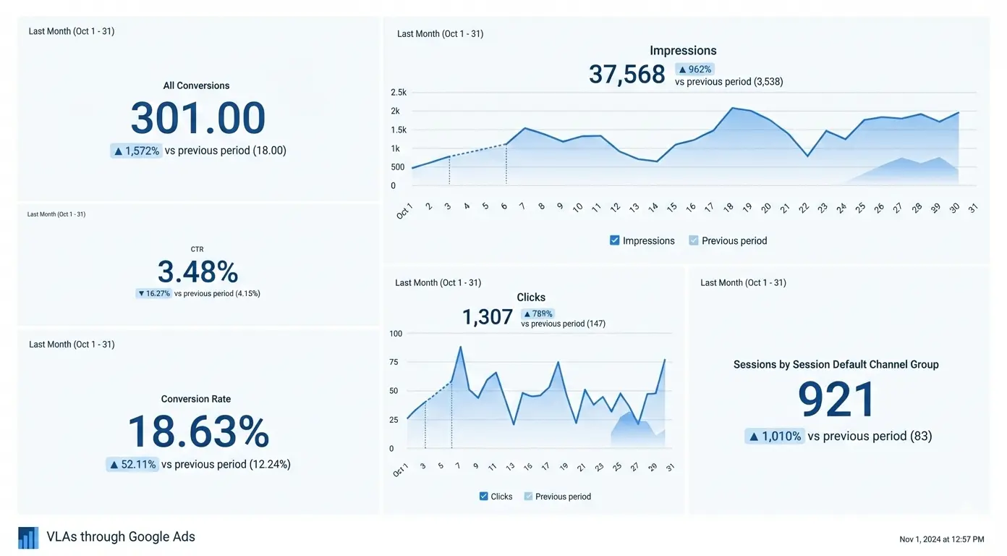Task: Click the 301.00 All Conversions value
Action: point(197,118)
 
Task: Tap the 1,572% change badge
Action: point(136,151)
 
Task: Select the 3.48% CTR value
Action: point(197,272)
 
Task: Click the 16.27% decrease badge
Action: point(153,293)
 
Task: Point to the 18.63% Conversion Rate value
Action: point(197,432)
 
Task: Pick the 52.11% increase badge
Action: point(132,464)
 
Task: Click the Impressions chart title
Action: point(683,51)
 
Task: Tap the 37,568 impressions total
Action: point(626,74)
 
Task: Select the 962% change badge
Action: point(694,69)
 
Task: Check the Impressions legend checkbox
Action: point(615,240)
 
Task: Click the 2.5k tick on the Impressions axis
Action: point(399,93)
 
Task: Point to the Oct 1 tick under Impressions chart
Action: point(404,211)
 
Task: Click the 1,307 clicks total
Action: point(487,316)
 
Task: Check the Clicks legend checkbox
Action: point(484,497)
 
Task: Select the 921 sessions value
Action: point(836,400)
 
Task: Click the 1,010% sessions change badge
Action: point(775,436)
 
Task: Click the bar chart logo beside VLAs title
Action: point(28,537)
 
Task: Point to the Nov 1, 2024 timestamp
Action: point(941,539)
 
